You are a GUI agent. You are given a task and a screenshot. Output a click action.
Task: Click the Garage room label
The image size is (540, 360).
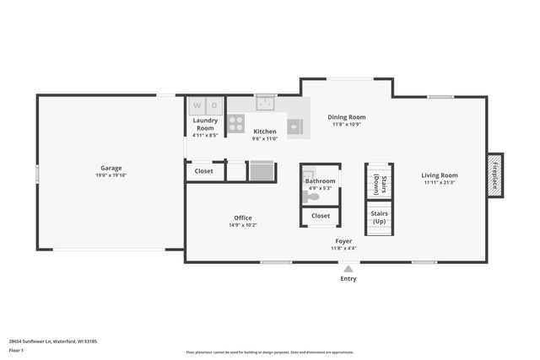tap(111, 168)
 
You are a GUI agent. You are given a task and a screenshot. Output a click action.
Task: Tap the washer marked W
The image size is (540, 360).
tap(197, 106)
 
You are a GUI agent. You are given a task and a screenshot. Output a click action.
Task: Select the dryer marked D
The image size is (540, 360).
tap(214, 106)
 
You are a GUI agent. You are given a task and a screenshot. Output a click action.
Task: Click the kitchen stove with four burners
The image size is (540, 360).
tap(236, 124)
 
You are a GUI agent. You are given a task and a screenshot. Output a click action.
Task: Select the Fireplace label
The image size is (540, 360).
tap(495, 175)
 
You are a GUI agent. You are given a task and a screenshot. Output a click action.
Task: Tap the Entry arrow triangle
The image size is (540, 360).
tap(348, 269)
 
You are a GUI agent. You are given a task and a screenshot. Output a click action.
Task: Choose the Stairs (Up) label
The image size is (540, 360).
tap(379, 217)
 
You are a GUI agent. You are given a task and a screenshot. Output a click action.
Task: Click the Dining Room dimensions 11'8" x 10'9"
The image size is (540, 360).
tap(347, 125)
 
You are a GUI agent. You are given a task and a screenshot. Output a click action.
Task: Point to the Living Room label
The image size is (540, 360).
tap(440, 175)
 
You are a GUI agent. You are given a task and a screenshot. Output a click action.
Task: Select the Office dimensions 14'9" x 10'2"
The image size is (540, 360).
tap(243, 225)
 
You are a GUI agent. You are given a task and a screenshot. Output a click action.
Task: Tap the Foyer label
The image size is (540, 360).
tap(343, 240)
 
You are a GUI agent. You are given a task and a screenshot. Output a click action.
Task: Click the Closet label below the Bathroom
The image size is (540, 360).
tap(321, 216)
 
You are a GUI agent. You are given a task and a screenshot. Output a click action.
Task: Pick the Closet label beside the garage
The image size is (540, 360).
tap(204, 171)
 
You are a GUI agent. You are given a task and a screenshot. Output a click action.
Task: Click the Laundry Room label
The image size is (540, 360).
tap(205, 124)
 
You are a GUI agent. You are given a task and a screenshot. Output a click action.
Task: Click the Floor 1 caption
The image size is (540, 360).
tap(16, 349)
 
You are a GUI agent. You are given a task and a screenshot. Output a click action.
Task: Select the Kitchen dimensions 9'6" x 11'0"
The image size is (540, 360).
tap(265, 139)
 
